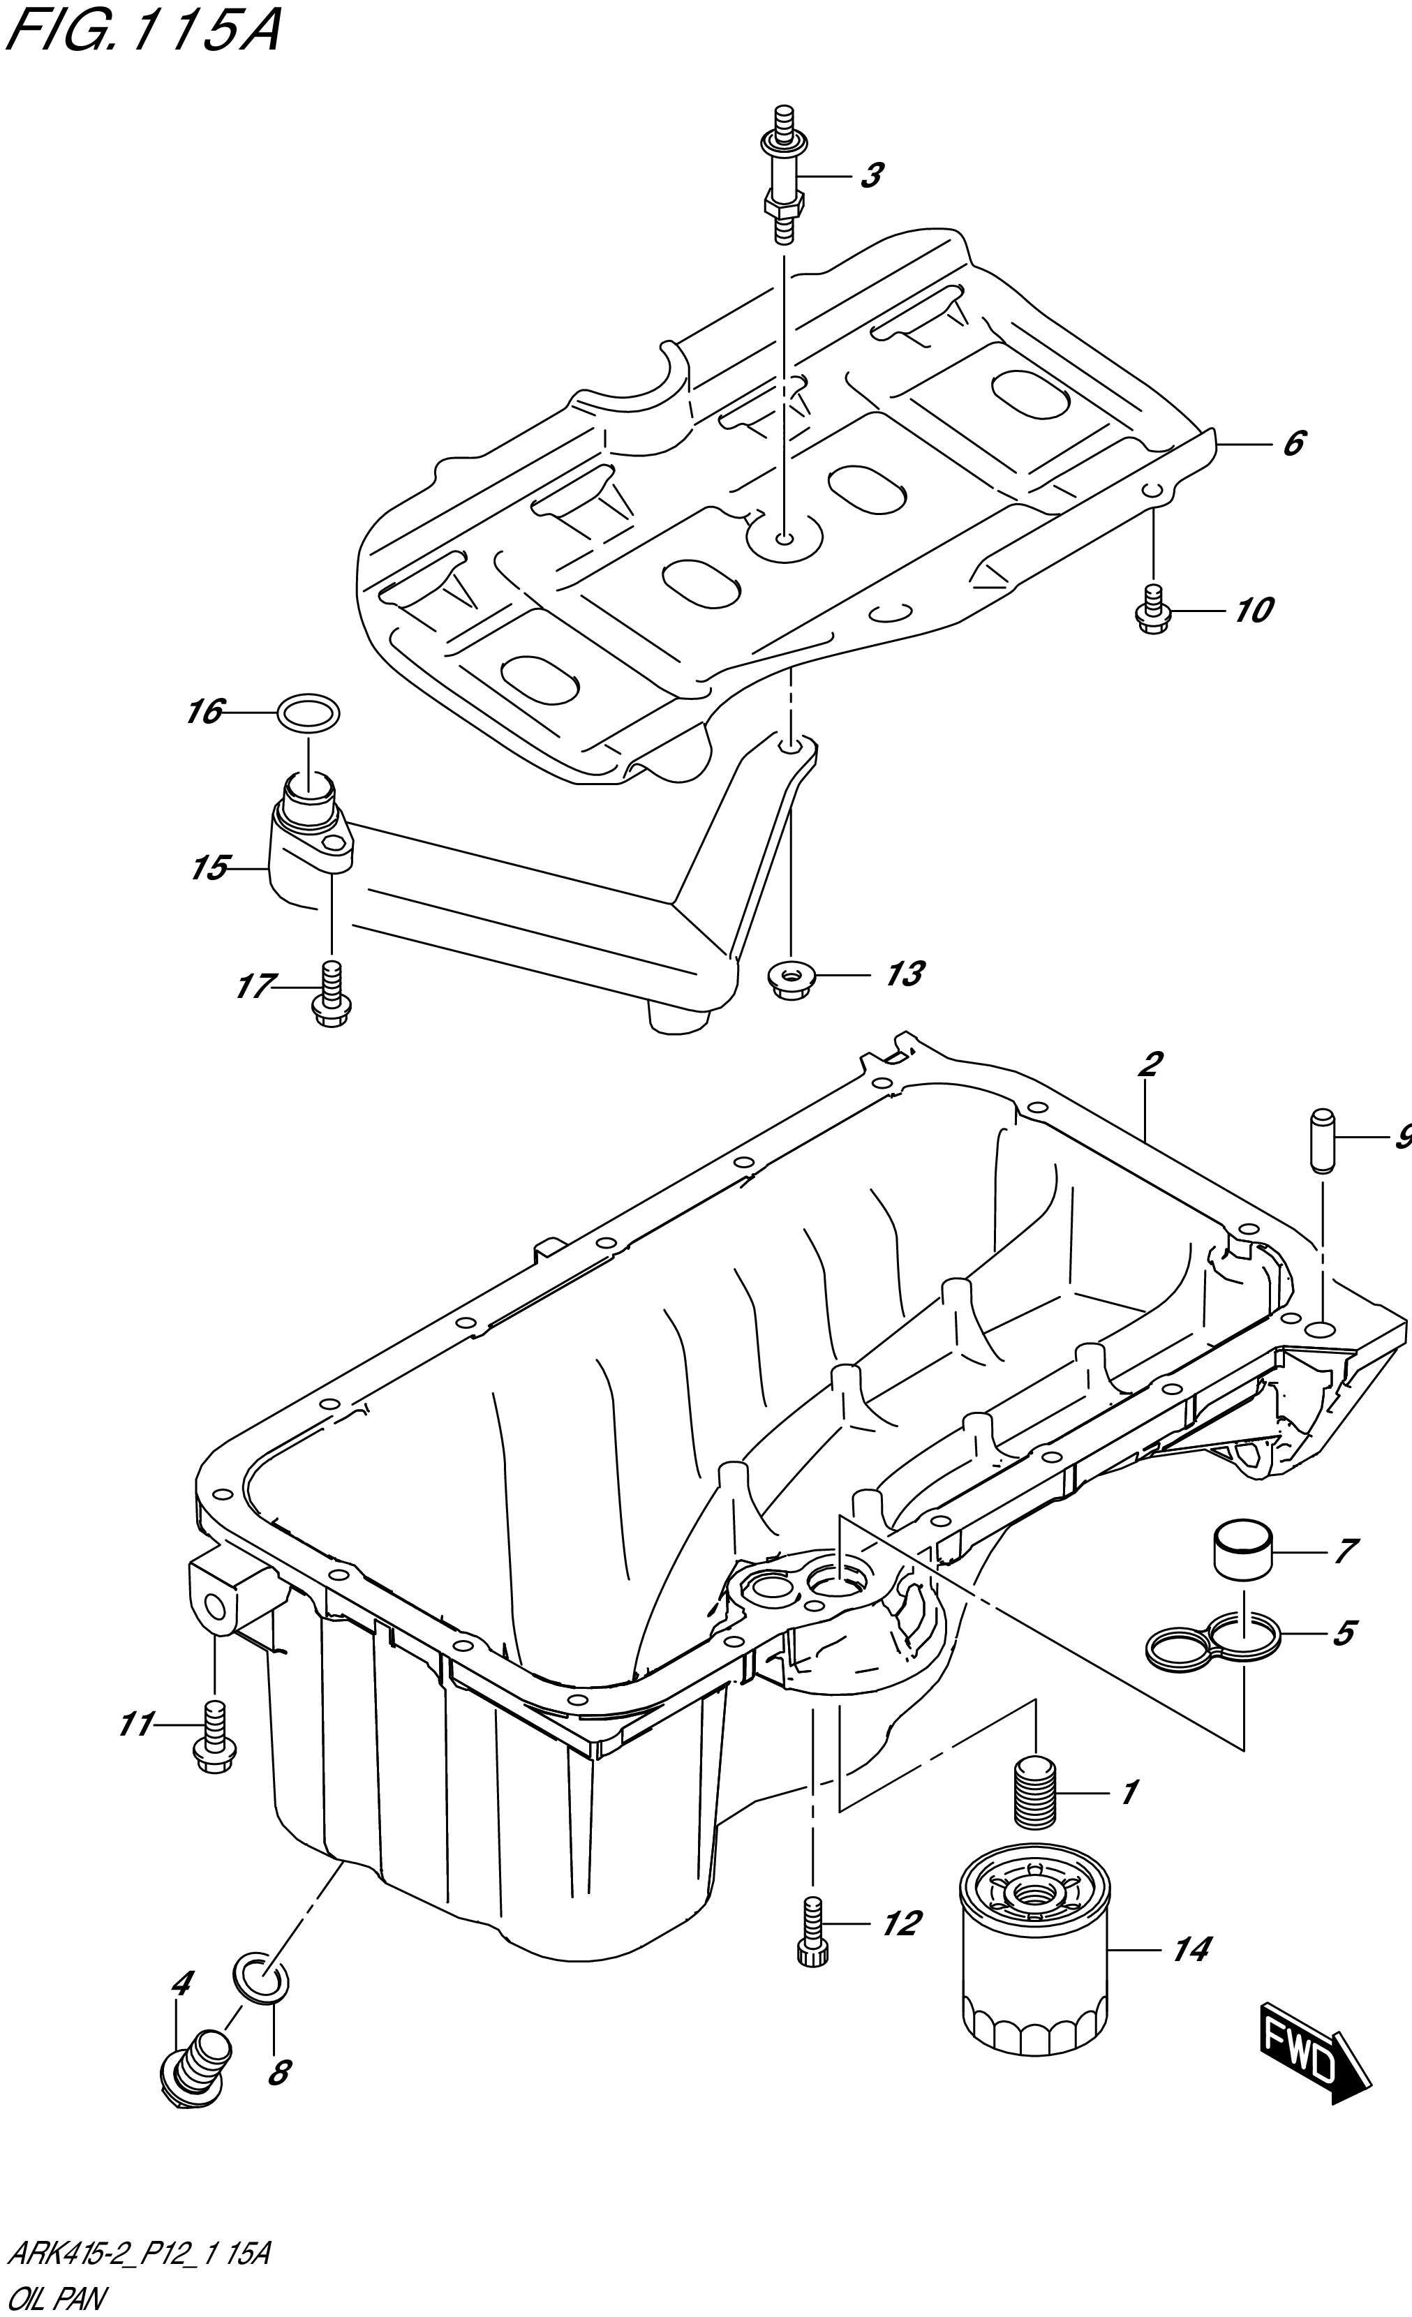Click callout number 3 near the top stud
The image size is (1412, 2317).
coord(871,175)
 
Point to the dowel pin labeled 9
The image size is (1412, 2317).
coord(1321,1140)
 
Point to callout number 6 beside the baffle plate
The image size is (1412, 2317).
coord(1293,442)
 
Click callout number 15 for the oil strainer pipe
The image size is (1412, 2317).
coord(209,867)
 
